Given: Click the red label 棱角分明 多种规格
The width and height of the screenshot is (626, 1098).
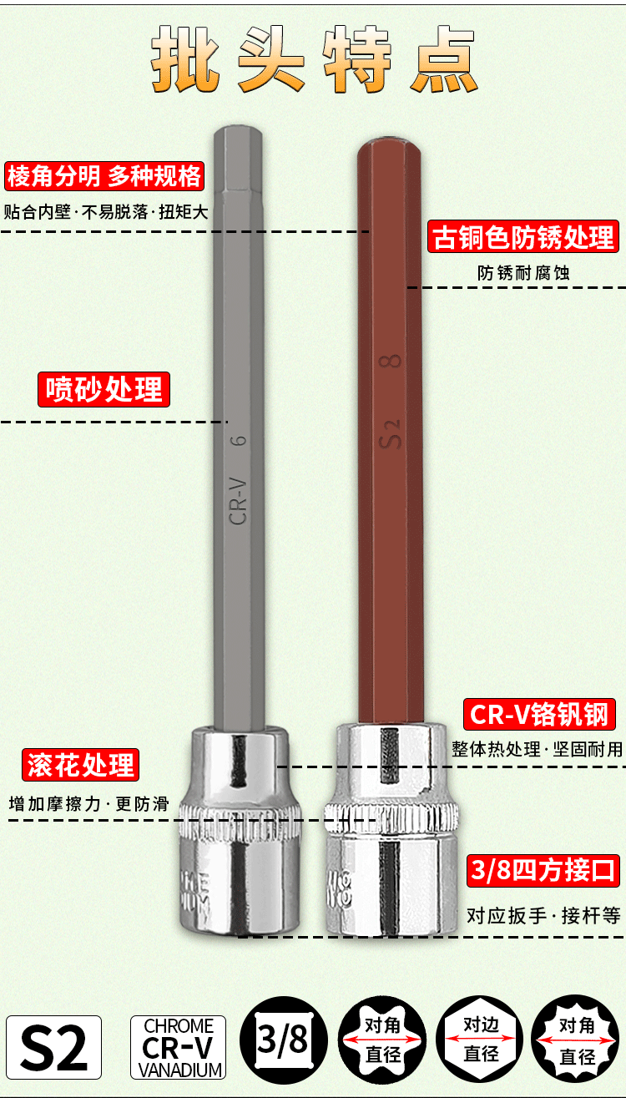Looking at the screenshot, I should (104, 176).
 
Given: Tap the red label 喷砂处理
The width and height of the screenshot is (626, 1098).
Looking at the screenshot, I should (103, 390).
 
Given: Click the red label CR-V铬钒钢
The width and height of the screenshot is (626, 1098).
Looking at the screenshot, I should (541, 715).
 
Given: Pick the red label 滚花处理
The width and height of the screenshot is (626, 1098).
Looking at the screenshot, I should (80, 764).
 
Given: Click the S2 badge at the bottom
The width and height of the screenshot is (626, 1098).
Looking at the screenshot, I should (54, 1047).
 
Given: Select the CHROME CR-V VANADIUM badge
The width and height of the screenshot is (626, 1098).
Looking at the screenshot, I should (179, 1047).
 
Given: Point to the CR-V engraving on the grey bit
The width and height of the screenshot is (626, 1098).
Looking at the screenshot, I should (238, 499).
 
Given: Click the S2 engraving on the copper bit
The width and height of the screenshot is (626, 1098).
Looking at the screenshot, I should (391, 433).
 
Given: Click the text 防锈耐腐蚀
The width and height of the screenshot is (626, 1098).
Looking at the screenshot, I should (523, 273).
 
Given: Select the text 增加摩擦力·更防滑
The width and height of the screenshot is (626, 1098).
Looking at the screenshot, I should (88, 804).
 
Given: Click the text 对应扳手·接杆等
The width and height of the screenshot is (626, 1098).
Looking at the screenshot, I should (543, 916).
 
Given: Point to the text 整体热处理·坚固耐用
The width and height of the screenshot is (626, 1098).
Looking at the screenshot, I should (537, 749).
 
